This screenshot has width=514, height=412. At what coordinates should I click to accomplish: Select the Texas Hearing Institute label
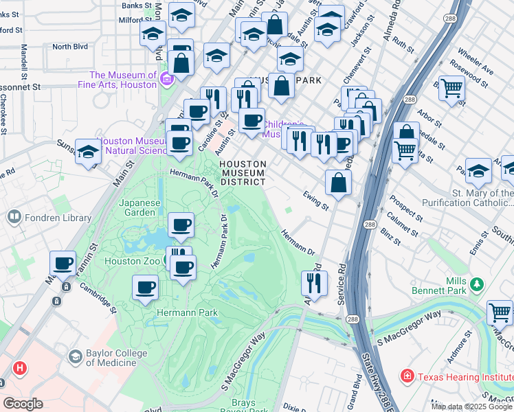click(458, 376)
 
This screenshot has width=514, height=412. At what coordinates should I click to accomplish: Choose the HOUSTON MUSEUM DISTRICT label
click(243, 173)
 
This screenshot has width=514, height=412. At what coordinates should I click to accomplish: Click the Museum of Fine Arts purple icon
click(166, 80)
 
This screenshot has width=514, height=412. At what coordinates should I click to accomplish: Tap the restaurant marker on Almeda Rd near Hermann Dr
click(314, 282)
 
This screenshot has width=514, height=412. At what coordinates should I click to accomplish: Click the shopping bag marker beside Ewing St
click(339, 183)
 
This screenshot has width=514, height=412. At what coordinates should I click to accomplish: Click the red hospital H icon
click(20, 368)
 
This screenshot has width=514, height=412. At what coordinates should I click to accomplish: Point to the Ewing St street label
click(316, 201)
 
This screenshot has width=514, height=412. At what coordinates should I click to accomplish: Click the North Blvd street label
click(71, 47)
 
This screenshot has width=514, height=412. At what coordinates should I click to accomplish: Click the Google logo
click(23, 404)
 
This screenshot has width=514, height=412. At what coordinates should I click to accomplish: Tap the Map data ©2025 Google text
click(471, 407)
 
